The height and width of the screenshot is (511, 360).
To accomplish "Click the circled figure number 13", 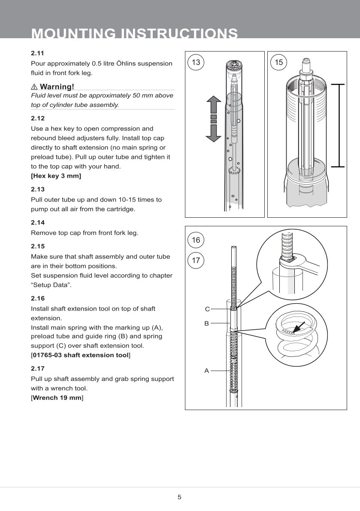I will click(196, 62).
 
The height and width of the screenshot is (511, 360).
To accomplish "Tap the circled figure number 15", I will click(279, 62).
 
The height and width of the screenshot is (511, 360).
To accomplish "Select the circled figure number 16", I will click(196, 240).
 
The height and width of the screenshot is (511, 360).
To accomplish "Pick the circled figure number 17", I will click(196, 260).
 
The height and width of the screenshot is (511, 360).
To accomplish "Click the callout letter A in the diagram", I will click(206, 370).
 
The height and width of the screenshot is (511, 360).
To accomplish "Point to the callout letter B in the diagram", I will click(206, 323).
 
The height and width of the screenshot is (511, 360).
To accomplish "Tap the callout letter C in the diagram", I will click(207, 309).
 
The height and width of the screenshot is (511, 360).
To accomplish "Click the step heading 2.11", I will click(38, 53).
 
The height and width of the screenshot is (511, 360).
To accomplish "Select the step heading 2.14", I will click(38, 222).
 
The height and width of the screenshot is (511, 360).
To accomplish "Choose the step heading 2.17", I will click(38, 368).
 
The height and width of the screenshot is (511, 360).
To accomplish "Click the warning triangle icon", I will click(34, 87).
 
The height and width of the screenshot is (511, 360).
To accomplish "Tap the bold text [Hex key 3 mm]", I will click(56, 176).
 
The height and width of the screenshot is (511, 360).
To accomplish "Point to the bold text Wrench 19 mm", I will click(57, 398).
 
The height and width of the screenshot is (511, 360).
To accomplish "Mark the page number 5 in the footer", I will click(179, 497).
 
